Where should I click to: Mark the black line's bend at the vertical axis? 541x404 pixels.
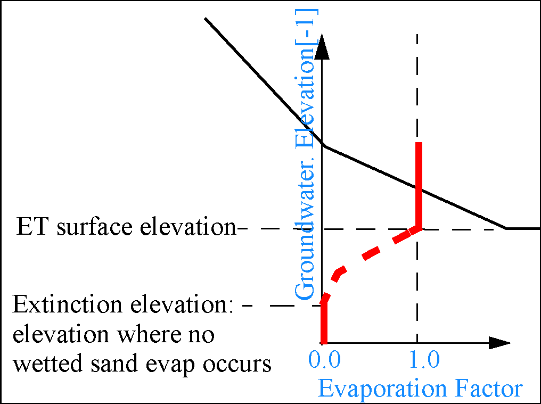(324, 146)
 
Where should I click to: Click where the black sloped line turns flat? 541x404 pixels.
(506, 228)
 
